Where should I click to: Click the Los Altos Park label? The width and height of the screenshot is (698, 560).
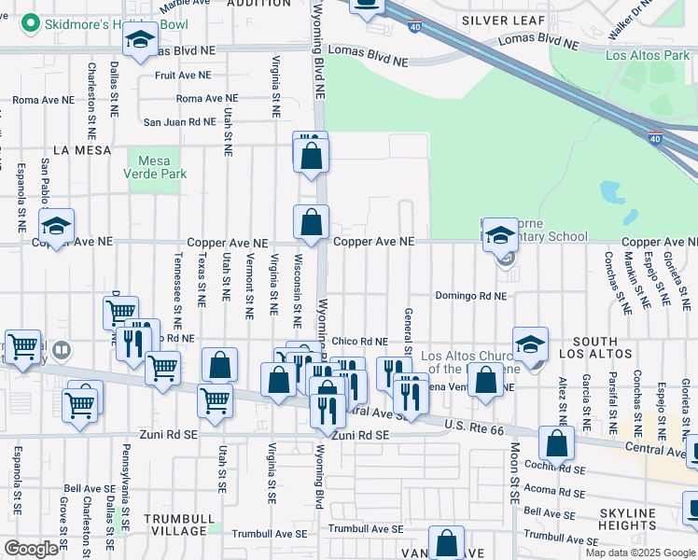pos(647,56)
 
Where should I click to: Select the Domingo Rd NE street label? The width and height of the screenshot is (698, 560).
pos(470,296)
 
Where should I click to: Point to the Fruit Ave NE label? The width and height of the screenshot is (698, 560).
pos(183,76)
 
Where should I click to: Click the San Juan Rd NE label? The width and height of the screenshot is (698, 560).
pos(178,121)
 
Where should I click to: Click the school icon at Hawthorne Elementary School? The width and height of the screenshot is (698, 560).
pos(500,235)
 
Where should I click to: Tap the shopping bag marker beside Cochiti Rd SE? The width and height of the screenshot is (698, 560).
pos(556,444)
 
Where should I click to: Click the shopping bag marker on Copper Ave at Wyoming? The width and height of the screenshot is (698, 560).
pos(312,222)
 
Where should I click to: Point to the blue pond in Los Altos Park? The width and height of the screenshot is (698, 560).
pos(613,193)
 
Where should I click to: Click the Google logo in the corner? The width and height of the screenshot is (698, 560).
pos(31,549)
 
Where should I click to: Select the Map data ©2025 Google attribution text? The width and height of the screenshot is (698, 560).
pos(640,553)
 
